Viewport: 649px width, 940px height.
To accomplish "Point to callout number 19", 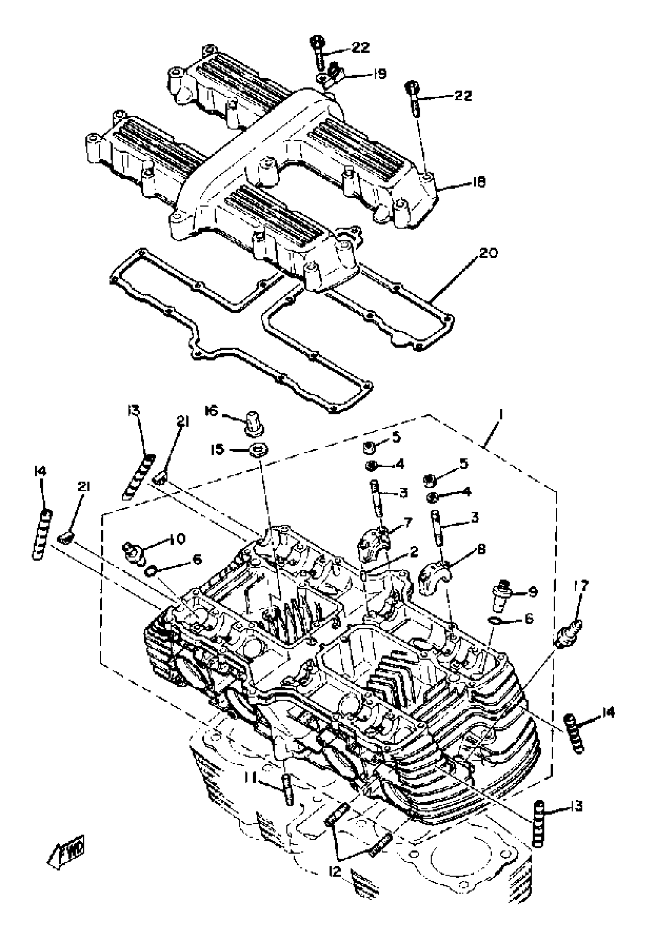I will pyautogui.click(x=379, y=74).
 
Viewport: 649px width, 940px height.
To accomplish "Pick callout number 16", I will pyautogui.click(x=211, y=412).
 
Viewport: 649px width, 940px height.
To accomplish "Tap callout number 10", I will pyautogui.click(x=176, y=539).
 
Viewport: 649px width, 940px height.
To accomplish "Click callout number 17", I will pyautogui.click(x=581, y=587).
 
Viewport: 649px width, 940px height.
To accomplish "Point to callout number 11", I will pyautogui.click(x=251, y=779).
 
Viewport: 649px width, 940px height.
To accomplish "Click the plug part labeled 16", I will pyautogui.click(x=254, y=422).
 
